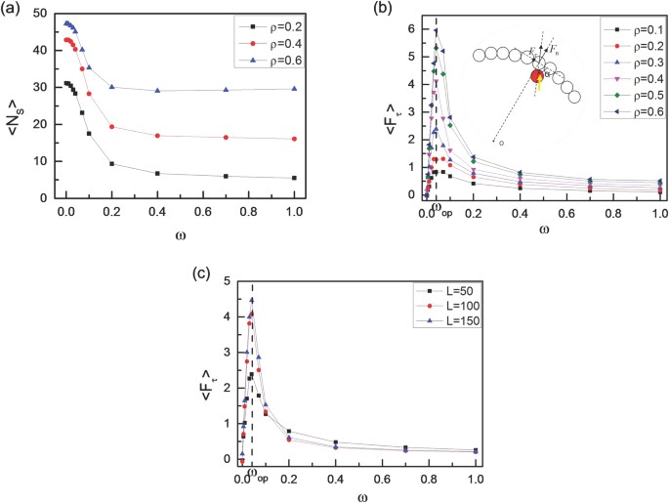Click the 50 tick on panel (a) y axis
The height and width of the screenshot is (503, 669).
(47, 13)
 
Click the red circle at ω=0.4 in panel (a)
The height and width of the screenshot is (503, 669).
(157, 136)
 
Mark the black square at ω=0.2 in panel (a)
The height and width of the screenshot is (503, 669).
(111, 163)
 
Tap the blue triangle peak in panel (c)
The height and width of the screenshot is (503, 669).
(251, 300)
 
